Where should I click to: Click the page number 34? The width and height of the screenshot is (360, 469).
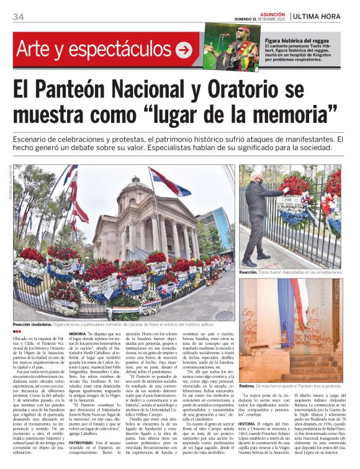tap(18, 16)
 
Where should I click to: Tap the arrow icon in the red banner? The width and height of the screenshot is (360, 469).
tap(184, 49)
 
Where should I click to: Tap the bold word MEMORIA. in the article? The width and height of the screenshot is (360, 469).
tap(78, 333)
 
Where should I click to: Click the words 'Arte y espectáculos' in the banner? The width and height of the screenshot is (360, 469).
tap(93, 48)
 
